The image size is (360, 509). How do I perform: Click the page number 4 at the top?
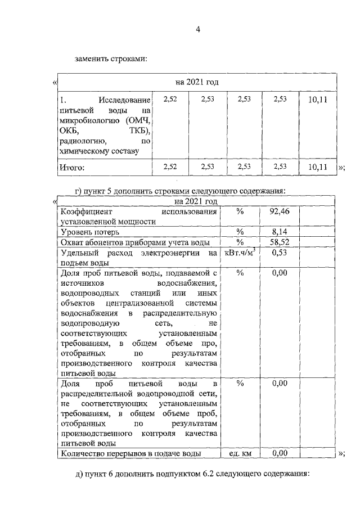(x=197, y=29)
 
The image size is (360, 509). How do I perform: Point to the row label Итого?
(x=72, y=166)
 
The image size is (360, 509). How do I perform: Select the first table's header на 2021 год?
(x=197, y=82)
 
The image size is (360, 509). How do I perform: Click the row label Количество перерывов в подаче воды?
(x=130, y=453)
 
